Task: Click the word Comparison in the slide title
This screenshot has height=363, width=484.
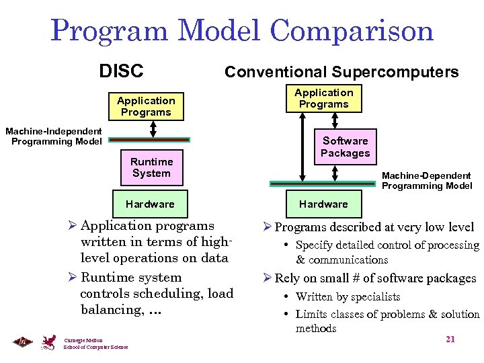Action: (x=352, y=31)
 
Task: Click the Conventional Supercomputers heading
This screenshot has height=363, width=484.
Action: (x=341, y=72)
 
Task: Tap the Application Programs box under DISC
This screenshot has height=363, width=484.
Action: (x=146, y=106)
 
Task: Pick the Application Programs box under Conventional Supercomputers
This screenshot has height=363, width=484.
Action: (x=324, y=98)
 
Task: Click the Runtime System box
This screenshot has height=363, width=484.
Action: (x=151, y=167)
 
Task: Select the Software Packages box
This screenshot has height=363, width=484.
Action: (x=345, y=147)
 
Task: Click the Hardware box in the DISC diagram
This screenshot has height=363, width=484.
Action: (x=150, y=204)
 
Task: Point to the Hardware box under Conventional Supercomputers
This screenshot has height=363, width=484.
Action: (x=323, y=204)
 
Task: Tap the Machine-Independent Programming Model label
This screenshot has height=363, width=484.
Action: (x=54, y=136)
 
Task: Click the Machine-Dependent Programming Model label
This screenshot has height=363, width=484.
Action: (x=427, y=181)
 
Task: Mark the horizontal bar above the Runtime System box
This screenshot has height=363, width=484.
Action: (x=150, y=140)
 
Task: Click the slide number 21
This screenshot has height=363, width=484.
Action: (x=450, y=339)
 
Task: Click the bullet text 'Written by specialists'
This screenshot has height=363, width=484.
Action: (x=348, y=296)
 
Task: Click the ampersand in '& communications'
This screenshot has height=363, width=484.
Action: (x=300, y=259)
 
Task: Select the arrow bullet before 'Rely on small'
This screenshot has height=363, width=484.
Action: (x=267, y=278)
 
